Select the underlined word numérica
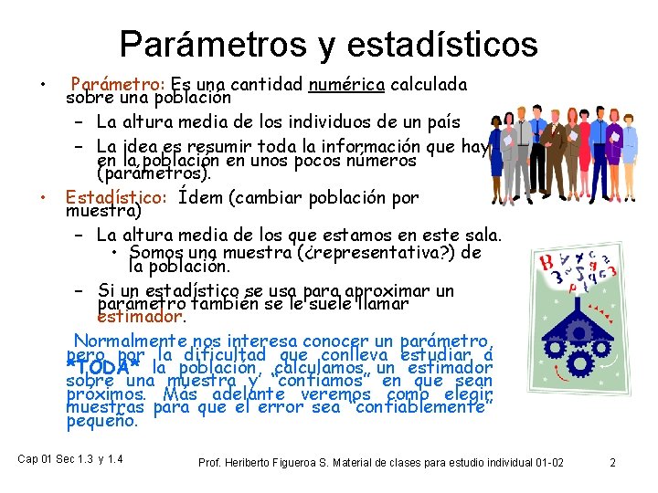point(346,85)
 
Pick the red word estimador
point(140,318)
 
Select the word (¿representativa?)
point(380,252)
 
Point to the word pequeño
point(101,421)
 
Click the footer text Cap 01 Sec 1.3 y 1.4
point(70,458)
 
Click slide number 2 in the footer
point(612,463)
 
